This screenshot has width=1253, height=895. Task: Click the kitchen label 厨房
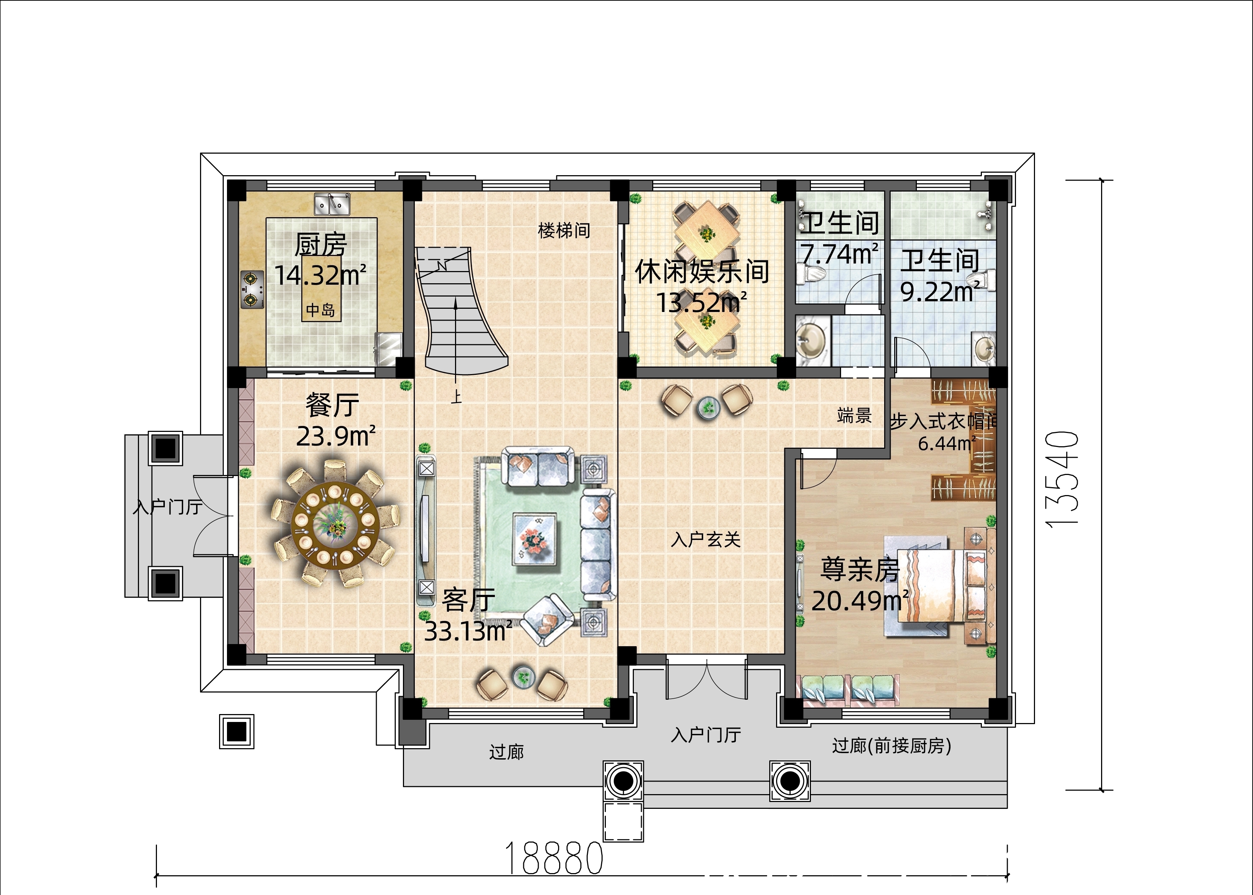pos(320,245)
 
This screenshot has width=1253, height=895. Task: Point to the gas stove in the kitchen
pos(251,289)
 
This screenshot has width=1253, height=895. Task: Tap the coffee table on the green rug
pos(534,539)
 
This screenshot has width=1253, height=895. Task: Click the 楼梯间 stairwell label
pos(564,230)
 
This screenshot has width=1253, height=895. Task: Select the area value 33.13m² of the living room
pos(468,631)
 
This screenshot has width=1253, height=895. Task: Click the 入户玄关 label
pos(706,540)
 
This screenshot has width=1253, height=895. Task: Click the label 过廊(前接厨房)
pos(891,746)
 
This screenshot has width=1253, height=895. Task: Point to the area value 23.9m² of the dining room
pos(336,437)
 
